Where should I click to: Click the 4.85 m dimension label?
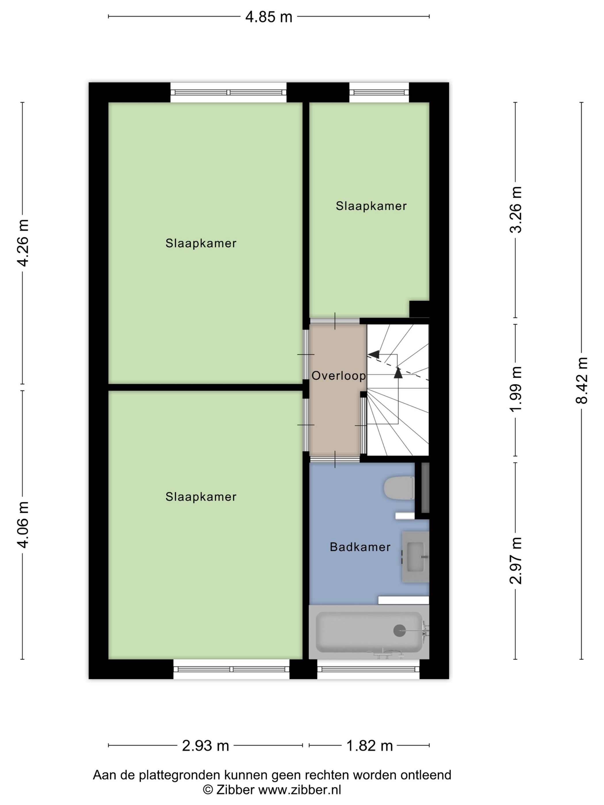[x=268, y=17]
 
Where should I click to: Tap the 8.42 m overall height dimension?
[x=582, y=381]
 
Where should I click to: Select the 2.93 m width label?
[x=205, y=746]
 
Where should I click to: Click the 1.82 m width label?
[x=369, y=746]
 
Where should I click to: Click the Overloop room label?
[x=339, y=375]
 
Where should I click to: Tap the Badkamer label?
[x=360, y=547]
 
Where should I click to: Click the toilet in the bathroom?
[x=399, y=488]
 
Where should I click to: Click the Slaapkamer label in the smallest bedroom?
[x=371, y=206]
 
